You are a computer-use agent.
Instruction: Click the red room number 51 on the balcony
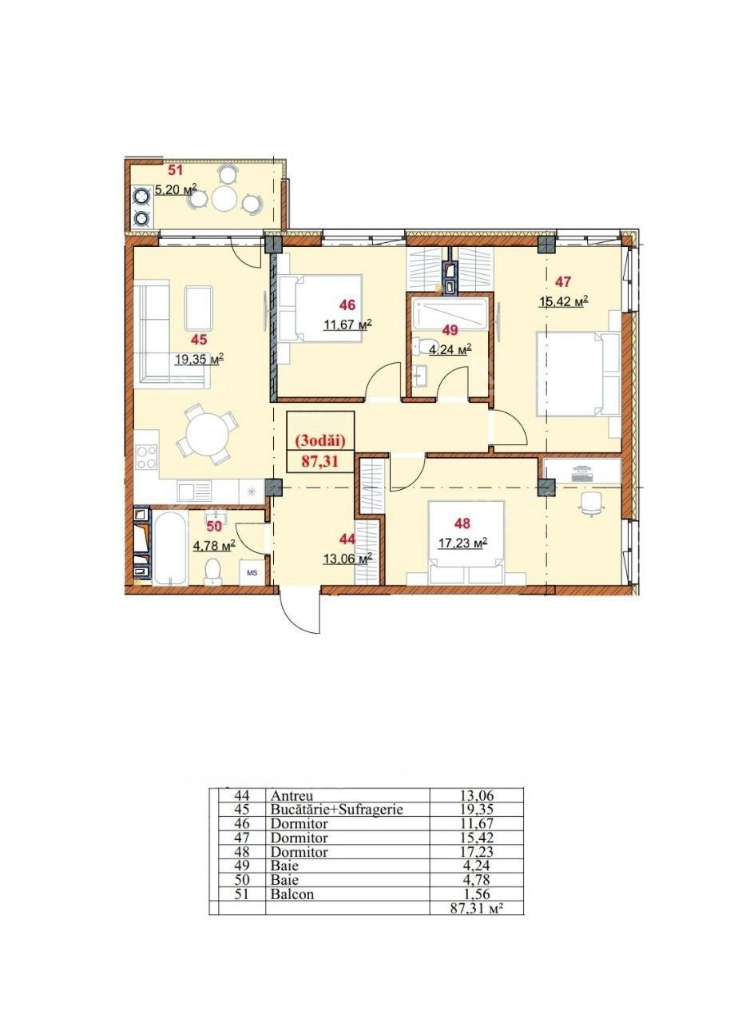tap(176, 171)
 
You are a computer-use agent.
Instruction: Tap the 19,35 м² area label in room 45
tap(200, 359)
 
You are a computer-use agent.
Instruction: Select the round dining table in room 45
tap(208, 433)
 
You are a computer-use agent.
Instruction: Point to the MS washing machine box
tap(252, 571)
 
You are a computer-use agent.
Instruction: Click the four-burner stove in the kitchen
tap(147, 456)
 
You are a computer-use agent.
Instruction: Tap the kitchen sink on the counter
tap(194, 492)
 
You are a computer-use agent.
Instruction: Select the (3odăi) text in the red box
tap(319, 440)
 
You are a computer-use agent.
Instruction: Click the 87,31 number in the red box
tap(319, 461)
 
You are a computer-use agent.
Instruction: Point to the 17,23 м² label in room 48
tap(462, 542)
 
